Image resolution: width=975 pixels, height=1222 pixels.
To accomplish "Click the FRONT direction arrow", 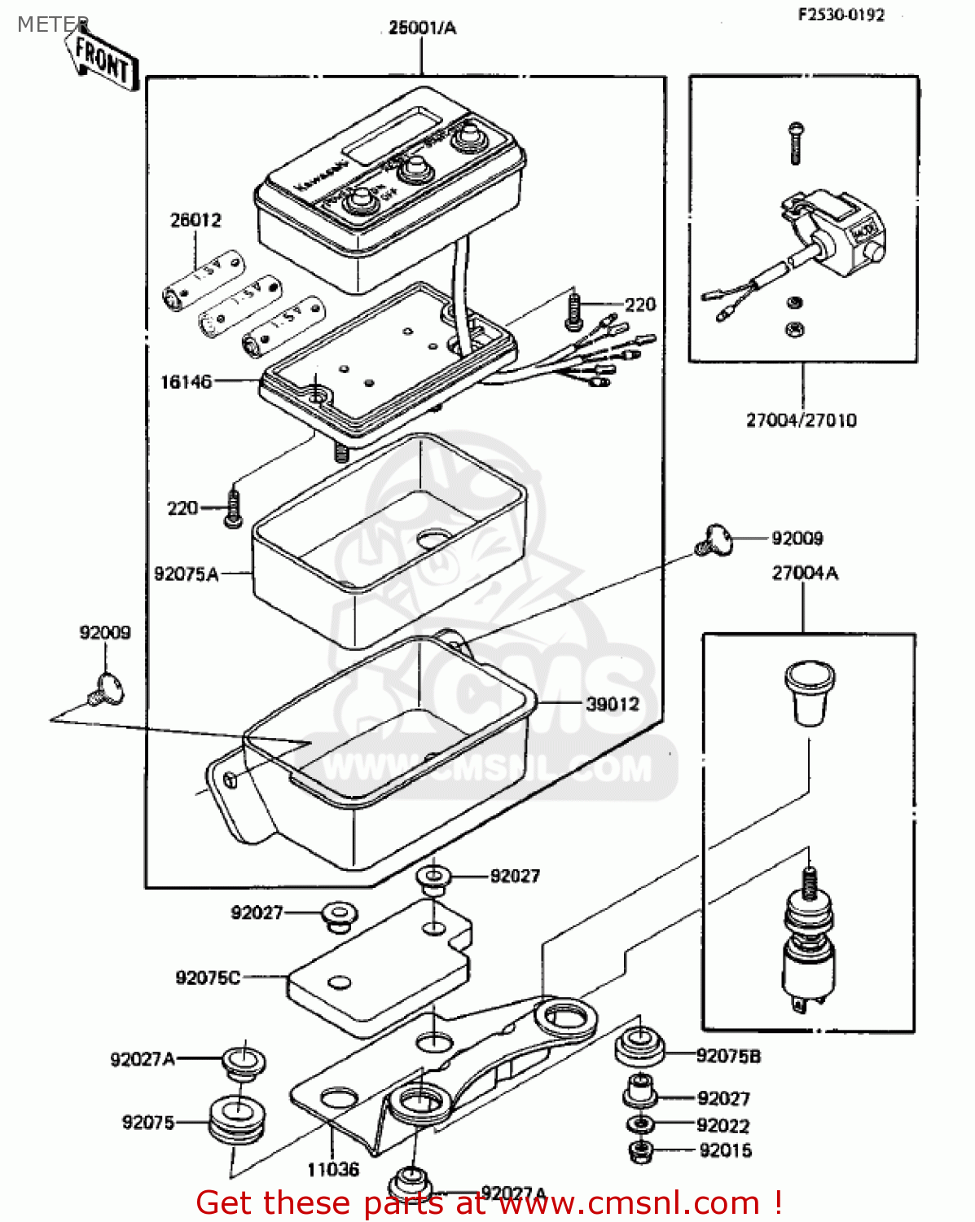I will pyautogui.click(x=101, y=58).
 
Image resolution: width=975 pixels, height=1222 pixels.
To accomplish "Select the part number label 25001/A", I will pyautogui.click(x=422, y=28).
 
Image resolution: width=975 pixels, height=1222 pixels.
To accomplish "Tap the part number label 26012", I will pyautogui.click(x=195, y=220).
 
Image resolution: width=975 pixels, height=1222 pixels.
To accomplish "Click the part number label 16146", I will pyautogui.click(x=186, y=381).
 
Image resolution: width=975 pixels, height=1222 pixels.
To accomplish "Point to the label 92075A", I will pyautogui.click(x=187, y=574).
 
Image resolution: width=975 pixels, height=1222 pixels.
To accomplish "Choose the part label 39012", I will pyautogui.click(x=613, y=704).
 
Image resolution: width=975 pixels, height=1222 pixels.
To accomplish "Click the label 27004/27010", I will pyautogui.click(x=802, y=420).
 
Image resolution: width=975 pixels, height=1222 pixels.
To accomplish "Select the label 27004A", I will pyautogui.click(x=805, y=573).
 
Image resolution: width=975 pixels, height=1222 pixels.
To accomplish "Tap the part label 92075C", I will pyautogui.click(x=208, y=977).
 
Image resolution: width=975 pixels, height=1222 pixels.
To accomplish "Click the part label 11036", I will pyautogui.click(x=333, y=1170).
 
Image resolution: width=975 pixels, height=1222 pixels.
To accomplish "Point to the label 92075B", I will pyautogui.click(x=728, y=1056).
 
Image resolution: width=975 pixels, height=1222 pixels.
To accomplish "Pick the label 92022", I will pyautogui.click(x=723, y=1125).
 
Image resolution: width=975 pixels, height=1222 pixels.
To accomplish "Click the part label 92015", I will pyautogui.click(x=725, y=1150).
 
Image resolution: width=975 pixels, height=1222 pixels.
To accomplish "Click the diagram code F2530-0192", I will pyautogui.click(x=841, y=15).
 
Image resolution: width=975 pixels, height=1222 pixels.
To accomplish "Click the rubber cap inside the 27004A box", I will pyautogui.click(x=809, y=691).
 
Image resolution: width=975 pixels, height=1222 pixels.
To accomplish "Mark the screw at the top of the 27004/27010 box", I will pyautogui.click(x=796, y=143).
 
